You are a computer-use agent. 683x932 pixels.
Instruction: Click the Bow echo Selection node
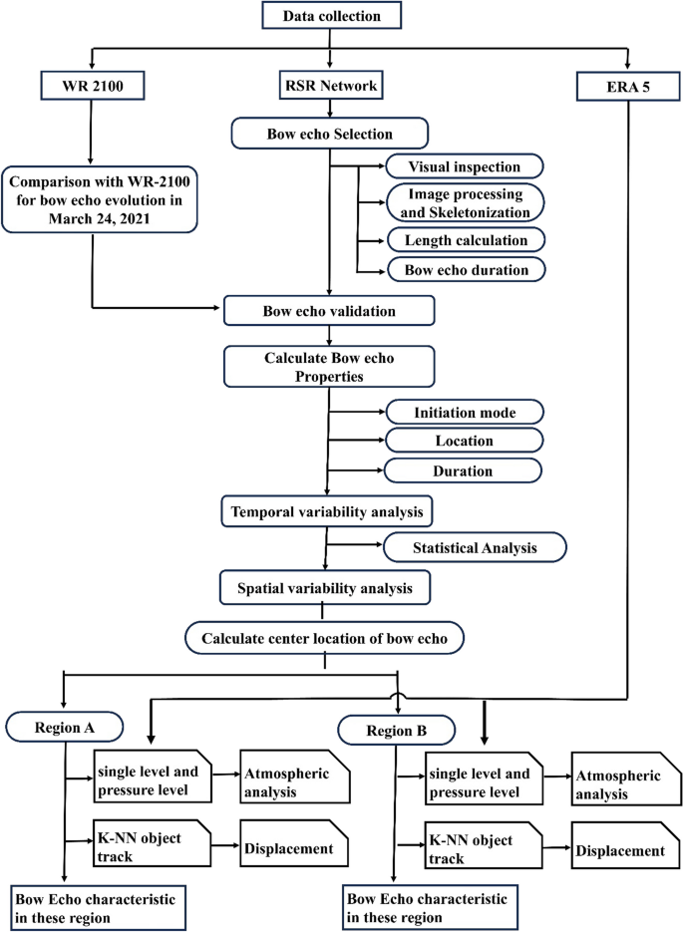pos(330,132)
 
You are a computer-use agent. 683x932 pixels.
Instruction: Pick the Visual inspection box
pos(465,165)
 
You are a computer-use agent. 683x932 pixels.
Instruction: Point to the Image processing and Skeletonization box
pos(466,202)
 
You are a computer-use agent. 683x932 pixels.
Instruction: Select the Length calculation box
pos(465,240)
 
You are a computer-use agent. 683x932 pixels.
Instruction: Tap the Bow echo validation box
pos(330,310)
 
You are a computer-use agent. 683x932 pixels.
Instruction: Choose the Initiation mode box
pos(464,412)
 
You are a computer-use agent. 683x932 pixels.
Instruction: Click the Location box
pos(464,440)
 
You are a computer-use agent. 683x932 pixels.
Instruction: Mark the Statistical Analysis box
pos(475,546)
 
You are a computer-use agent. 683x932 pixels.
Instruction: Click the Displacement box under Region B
pos(618,850)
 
